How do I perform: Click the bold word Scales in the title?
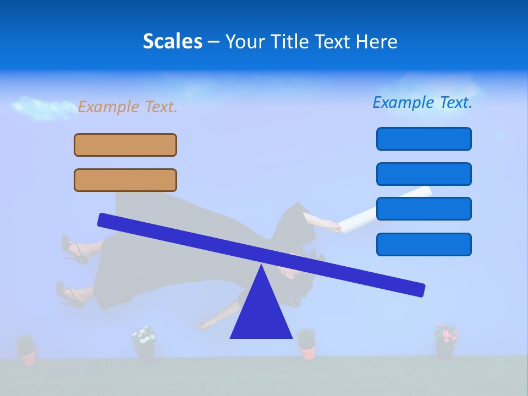(x=172, y=41)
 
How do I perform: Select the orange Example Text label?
(x=128, y=107)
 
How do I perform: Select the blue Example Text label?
(x=422, y=102)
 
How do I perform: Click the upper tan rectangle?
(x=125, y=145)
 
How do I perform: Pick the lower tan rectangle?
(x=125, y=180)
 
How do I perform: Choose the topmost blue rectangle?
(x=424, y=139)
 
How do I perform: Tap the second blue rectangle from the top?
(x=424, y=174)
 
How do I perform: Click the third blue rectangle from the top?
(x=424, y=208)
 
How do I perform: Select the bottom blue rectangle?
(x=424, y=244)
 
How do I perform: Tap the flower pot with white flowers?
(x=144, y=344)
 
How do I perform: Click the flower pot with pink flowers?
(x=446, y=341)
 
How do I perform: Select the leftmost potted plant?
(x=25, y=350)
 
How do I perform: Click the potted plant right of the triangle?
(x=307, y=343)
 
